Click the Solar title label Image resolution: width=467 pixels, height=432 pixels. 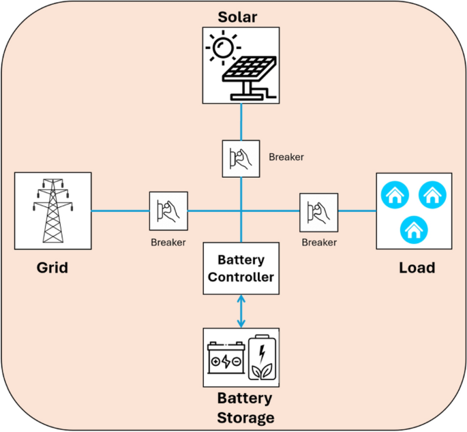237,16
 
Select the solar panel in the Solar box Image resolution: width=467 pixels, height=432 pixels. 250,72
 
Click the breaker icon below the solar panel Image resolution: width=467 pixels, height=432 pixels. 241,158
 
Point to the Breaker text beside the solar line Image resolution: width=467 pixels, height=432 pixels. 286,157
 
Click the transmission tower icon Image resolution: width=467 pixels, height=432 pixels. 52,211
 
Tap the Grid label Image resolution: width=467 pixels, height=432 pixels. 52,268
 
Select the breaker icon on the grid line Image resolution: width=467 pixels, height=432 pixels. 168,211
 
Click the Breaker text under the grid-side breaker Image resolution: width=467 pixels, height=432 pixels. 168,242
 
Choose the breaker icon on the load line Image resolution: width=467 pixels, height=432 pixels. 318,211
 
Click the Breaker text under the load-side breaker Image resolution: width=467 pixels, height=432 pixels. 319,242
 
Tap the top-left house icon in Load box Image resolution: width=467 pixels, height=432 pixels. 394,196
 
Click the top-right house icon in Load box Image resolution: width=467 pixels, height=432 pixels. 432,196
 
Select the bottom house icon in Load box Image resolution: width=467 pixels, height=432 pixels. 413,228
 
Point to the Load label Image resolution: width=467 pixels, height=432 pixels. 417,268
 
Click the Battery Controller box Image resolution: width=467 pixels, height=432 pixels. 241,268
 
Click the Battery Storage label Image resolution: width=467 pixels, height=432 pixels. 245,407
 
